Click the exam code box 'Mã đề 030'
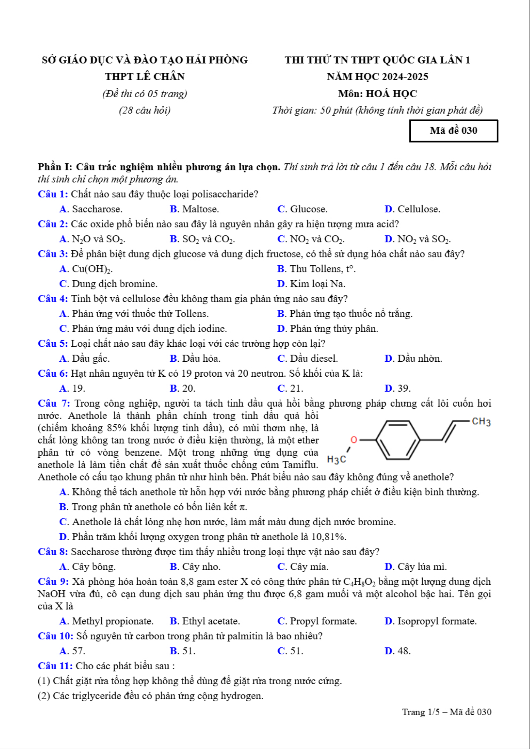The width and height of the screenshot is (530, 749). point(454,131)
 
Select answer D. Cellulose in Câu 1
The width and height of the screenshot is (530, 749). point(412,209)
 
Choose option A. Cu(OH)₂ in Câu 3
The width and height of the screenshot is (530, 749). point(86,269)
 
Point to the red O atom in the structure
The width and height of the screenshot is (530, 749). point(354,440)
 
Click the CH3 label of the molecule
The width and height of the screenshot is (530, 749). point(481,422)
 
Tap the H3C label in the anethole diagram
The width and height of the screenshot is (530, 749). point(336,460)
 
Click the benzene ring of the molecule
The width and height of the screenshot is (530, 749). point(398,440)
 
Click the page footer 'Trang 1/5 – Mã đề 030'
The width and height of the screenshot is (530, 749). point(446,712)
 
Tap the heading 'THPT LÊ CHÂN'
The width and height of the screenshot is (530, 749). point(144,76)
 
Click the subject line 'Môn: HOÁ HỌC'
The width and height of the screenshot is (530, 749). point(377,94)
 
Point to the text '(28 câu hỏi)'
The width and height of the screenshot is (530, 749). point(144,110)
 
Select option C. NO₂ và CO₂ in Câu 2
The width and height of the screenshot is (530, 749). point(311,239)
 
